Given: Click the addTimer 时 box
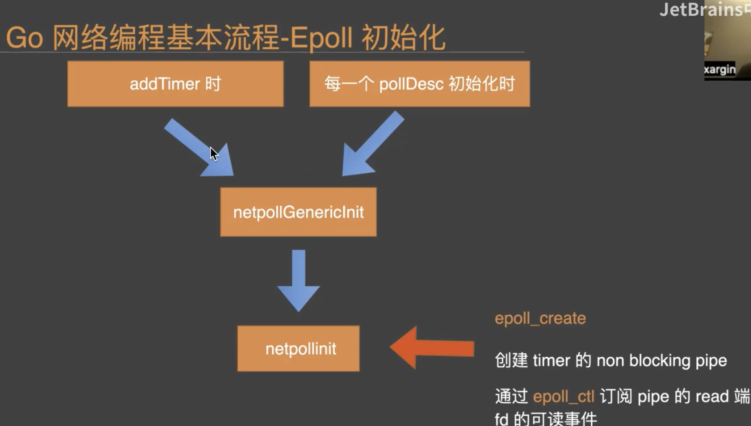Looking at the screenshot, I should (176, 84).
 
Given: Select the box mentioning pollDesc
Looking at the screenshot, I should (419, 84).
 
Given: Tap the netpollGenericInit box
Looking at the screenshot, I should (298, 212).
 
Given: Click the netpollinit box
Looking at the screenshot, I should (298, 348).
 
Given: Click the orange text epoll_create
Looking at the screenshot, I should (540, 318).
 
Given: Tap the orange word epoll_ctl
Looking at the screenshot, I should (563, 397).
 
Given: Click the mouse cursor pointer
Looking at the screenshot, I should (214, 154).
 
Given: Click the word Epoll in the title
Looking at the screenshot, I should (321, 38).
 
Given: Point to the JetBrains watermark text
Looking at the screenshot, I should (702, 10).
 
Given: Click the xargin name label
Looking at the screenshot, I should (720, 70).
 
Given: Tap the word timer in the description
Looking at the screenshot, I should (551, 361).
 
